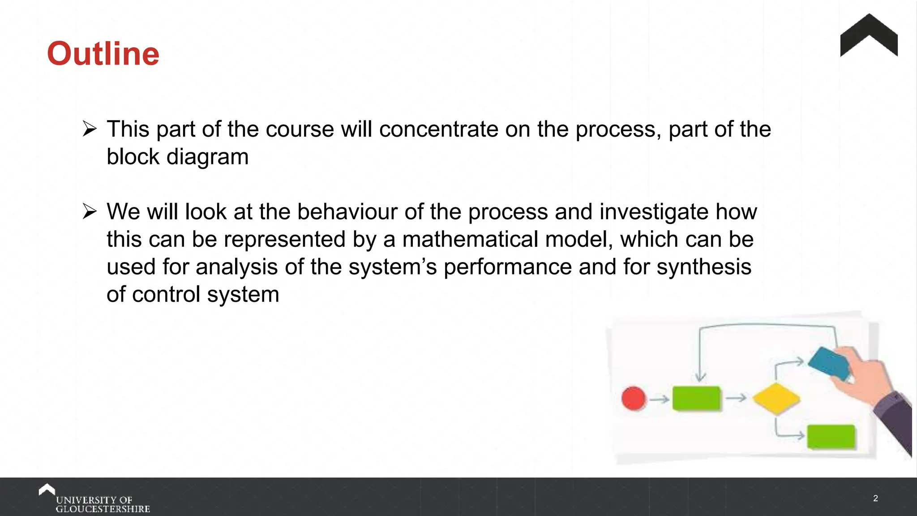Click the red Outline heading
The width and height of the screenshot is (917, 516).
tap(103, 54)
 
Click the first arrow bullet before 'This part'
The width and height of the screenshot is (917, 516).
tap(90, 130)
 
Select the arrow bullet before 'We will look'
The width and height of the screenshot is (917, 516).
tap(90, 212)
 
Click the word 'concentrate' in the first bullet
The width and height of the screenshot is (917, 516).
tap(438, 129)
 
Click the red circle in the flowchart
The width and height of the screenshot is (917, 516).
tap(634, 398)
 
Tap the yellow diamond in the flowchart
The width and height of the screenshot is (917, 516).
tap(776, 398)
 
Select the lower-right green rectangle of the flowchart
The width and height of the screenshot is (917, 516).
tap(831, 437)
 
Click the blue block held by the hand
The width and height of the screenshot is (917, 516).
tap(828, 363)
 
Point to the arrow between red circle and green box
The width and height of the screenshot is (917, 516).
tap(659, 399)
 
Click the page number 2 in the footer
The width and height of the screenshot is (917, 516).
tap(875, 499)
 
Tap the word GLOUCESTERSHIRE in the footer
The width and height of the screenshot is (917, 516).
tap(103, 509)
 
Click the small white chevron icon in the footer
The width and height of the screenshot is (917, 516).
tap(47, 490)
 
